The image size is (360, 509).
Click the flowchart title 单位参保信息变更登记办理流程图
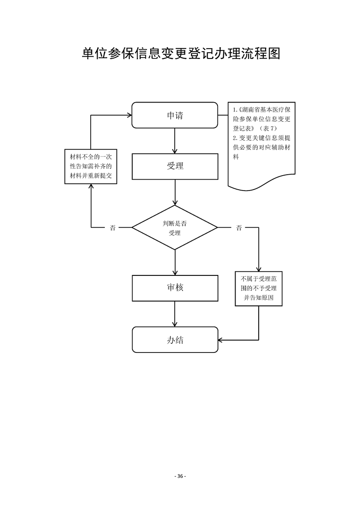pyautogui.click(x=180, y=54)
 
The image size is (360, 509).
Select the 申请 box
pyautogui.click(x=175, y=115)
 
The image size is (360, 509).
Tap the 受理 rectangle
pyautogui.click(x=175, y=166)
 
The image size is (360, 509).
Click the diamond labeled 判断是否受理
pyautogui.click(x=175, y=227)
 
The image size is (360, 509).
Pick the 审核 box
pyautogui.click(x=175, y=288)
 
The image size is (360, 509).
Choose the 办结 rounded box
pyautogui.click(x=175, y=339)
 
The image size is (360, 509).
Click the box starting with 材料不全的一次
pyautogui.click(x=91, y=166)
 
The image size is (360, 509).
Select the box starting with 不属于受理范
pyautogui.click(x=259, y=289)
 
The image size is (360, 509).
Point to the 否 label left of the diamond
pyautogui.click(x=113, y=228)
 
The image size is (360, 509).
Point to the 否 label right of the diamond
pyautogui.click(x=239, y=228)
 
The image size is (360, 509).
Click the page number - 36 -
pyautogui.click(x=180, y=476)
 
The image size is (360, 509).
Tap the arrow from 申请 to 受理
pyautogui.click(x=175, y=141)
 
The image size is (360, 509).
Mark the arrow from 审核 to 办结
pyautogui.click(x=175, y=313)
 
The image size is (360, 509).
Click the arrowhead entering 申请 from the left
pyautogui.click(x=128, y=115)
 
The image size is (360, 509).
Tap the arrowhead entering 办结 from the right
pyautogui.click(x=221, y=339)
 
